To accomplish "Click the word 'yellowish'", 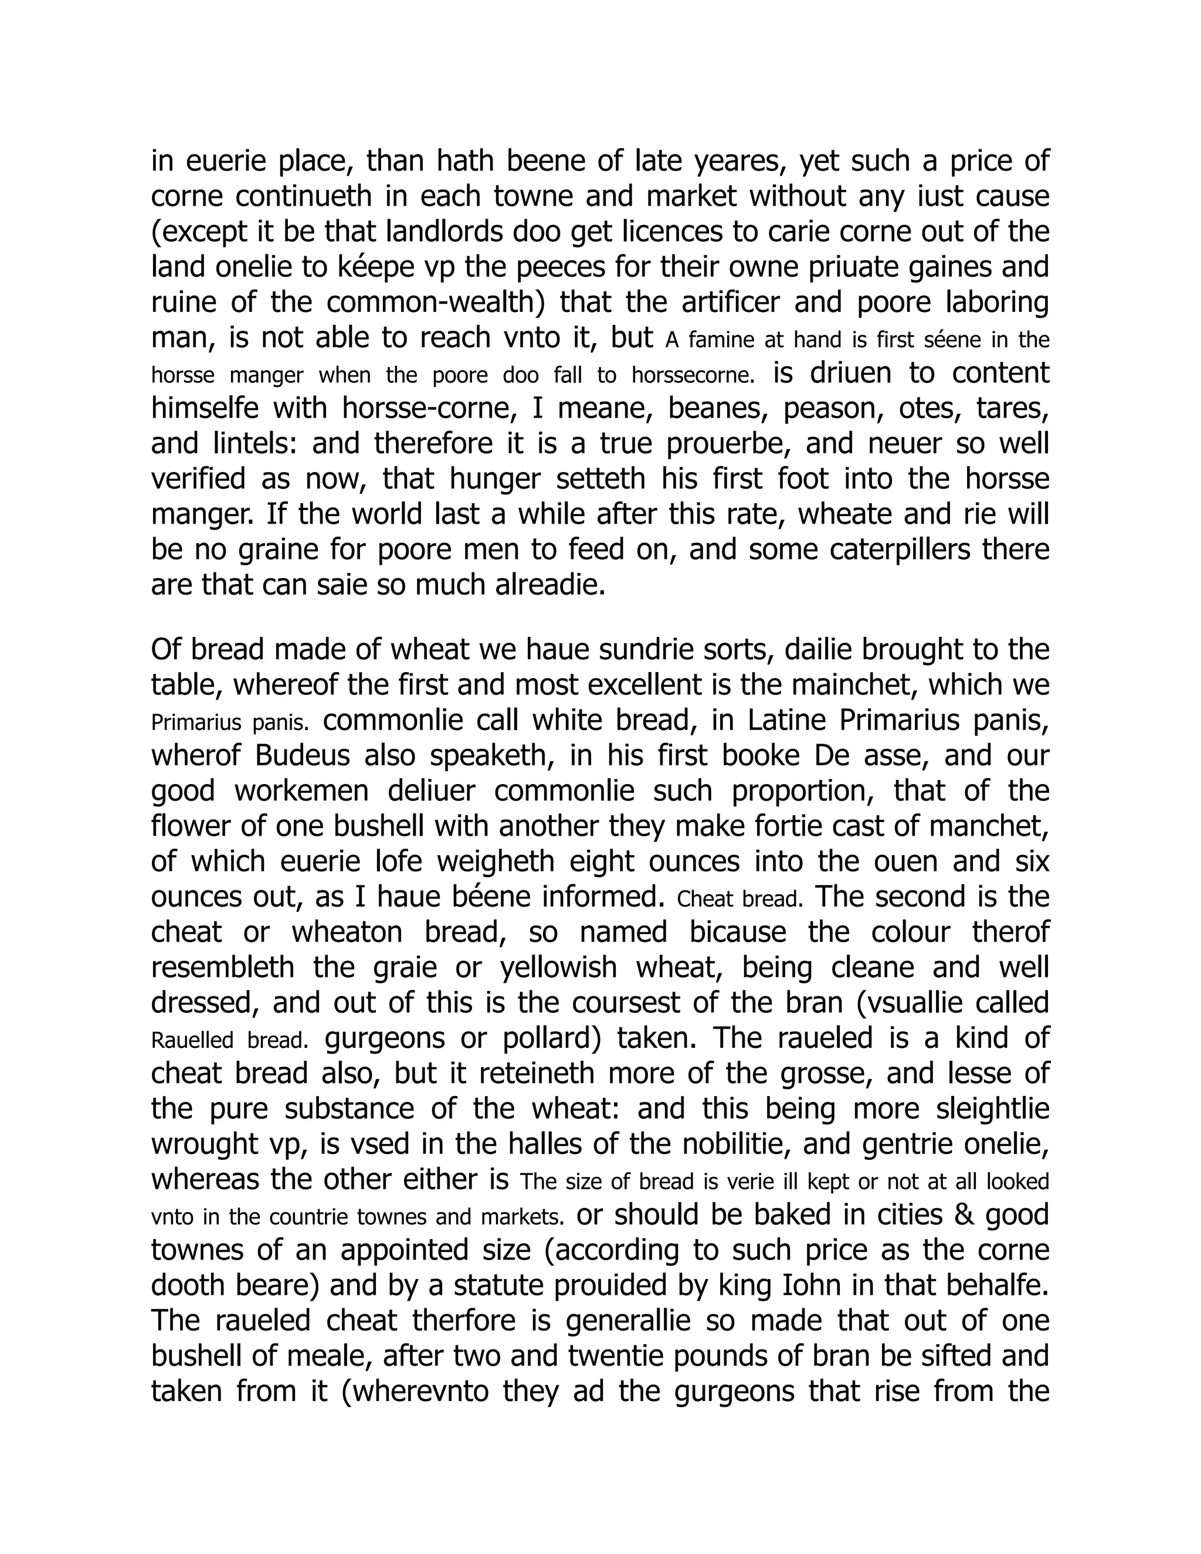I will (x=558, y=967).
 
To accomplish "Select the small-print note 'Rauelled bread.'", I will (x=230, y=1040).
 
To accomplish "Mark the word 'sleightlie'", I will (x=993, y=1108).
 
